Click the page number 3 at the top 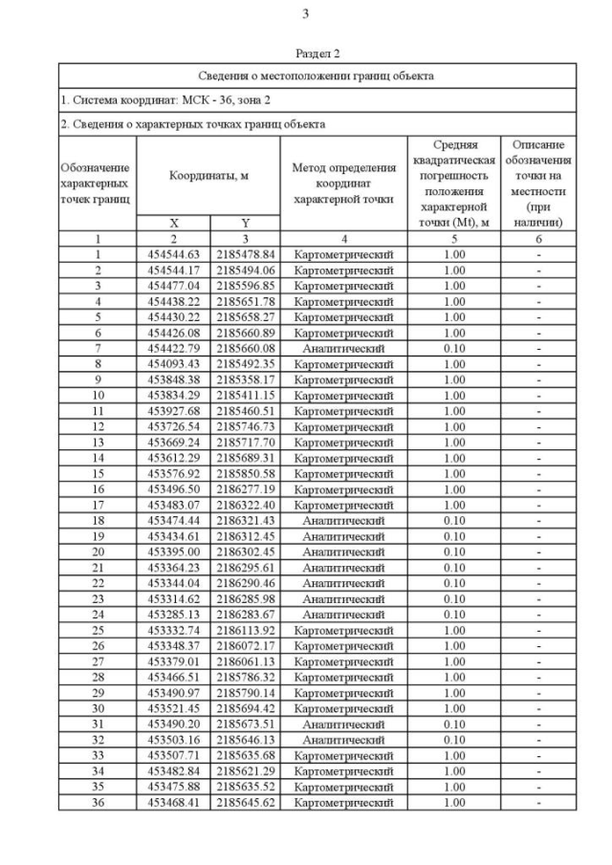click(305, 13)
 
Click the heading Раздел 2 click(317, 54)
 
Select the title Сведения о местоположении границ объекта click(317, 75)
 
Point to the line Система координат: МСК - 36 click(153, 99)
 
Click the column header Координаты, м click(208, 176)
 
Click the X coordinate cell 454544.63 click(173, 254)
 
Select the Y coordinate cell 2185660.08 click(245, 347)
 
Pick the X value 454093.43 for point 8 click(173, 362)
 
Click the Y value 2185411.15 click(245, 394)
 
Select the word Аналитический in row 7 click(343, 347)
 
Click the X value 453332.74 click(173, 629)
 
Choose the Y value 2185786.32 click(245, 676)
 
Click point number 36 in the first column click(98, 802)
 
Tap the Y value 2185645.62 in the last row click(245, 802)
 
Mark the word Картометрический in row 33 click(343, 755)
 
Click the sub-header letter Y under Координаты click(245, 223)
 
